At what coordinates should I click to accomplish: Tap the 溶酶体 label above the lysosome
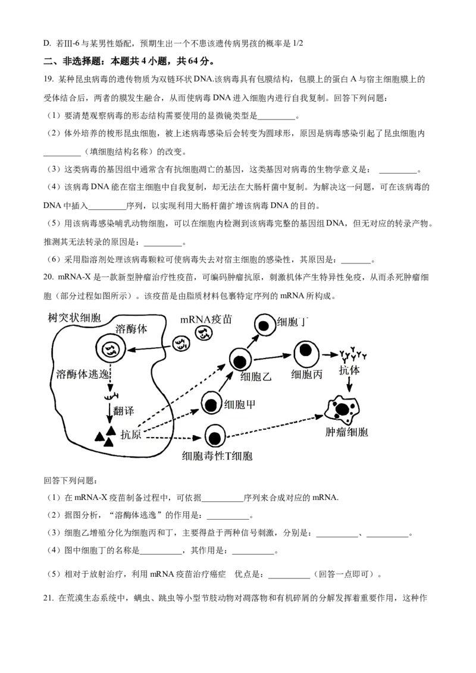[x=131, y=328]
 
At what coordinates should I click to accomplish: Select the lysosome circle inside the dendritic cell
[x=111, y=350]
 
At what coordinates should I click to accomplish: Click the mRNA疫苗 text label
[x=206, y=320]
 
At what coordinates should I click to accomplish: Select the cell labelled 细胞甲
[x=211, y=404]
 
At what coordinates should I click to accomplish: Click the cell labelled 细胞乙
[x=240, y=360]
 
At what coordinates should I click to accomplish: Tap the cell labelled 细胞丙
[x=305, y=351]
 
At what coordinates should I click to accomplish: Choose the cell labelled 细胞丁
[x=264, y=325]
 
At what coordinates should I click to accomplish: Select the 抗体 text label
[x=349, y=370]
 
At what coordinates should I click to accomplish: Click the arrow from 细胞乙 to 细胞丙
[x=273, y=356]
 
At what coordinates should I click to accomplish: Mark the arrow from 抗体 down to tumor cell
[x=349, y=385]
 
